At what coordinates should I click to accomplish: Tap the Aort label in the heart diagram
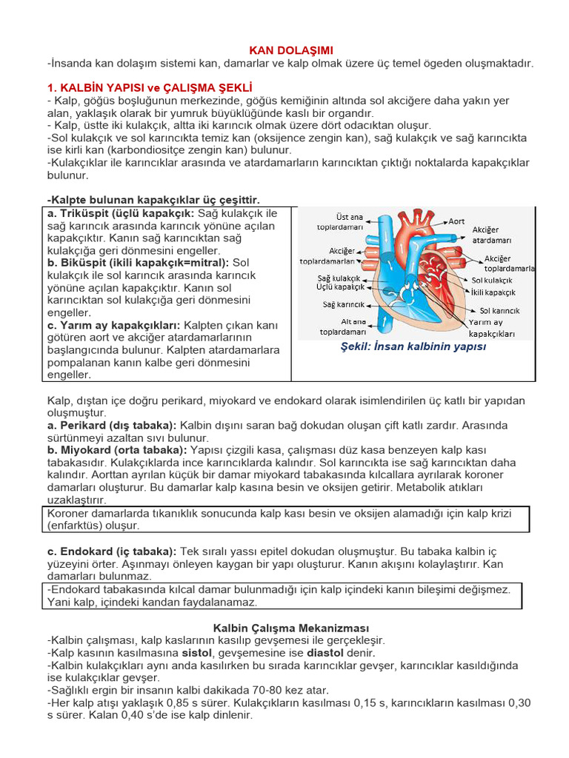[456, 221]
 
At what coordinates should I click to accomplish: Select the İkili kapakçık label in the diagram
[493, 292]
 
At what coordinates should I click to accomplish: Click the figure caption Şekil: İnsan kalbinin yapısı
[413, 346]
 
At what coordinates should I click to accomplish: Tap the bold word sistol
[199, 653]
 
